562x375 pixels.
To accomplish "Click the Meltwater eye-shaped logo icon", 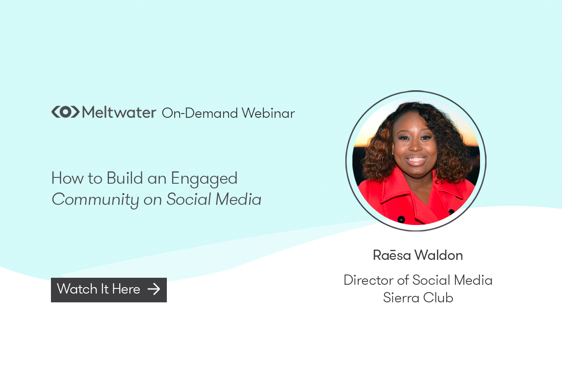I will pos(65,112).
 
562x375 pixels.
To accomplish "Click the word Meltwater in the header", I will pos(119,112).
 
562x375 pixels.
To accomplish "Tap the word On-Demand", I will pos(200,113).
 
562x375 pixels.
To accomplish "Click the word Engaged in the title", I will pos(204,179).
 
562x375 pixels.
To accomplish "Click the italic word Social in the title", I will pos(189,200).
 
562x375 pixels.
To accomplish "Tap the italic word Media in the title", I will pos(238,200).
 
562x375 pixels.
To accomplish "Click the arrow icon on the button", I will pos(154,289).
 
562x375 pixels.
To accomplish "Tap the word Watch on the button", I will pos(77,289).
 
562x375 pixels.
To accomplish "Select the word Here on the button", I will pos(126,289).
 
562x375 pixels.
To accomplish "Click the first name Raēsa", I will pos(392,255).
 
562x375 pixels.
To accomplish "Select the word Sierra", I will pos(401,298).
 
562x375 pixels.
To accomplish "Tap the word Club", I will pos(438,298).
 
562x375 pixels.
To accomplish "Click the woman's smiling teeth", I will pos(415,160).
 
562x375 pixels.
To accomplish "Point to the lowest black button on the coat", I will pos(401,219).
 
